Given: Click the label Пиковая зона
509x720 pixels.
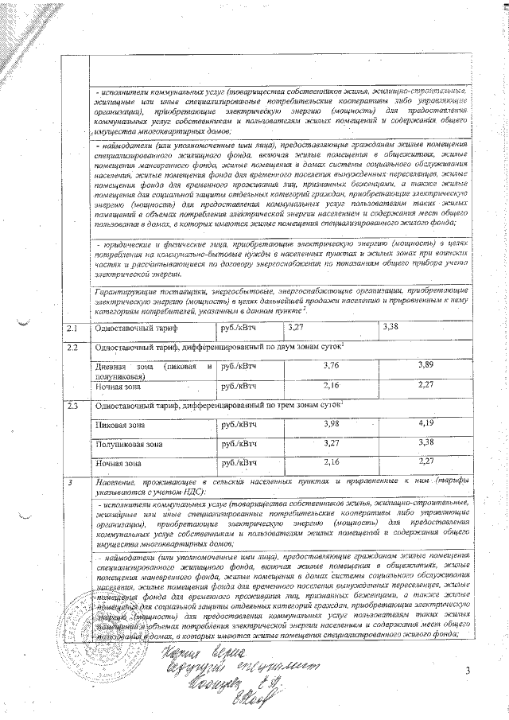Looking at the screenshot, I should pyautogui.click(x=119, y=426).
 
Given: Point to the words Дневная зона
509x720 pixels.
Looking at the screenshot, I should pyautogui.click(x=119, y=367).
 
